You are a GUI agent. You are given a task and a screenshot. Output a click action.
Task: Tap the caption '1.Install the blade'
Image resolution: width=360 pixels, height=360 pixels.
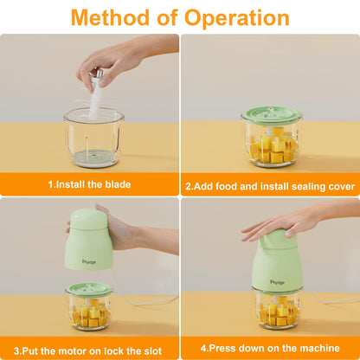88,183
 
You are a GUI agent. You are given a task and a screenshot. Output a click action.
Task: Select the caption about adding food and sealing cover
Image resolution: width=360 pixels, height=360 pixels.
270,183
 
